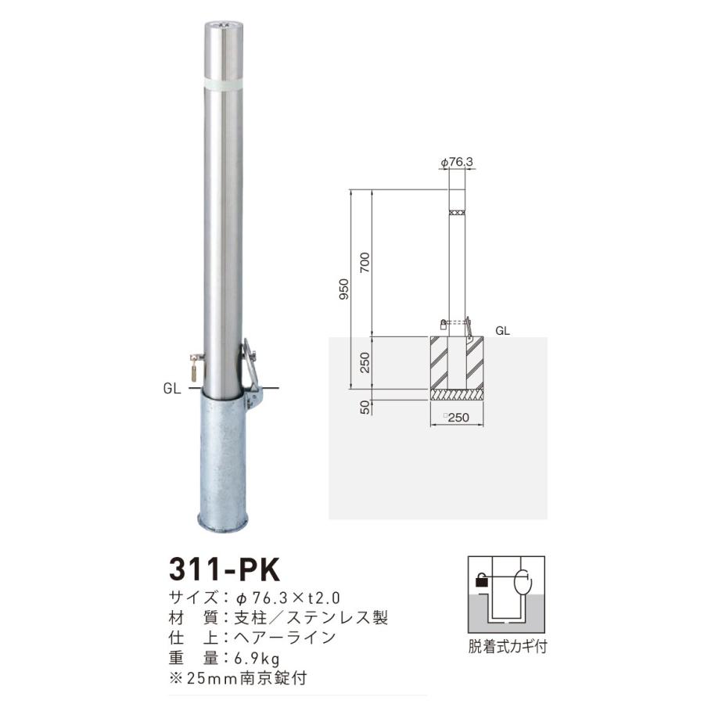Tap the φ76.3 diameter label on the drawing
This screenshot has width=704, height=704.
pos(458,162)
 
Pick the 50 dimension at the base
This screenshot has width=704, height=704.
pos(365,405)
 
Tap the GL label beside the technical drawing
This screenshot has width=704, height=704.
pos(503,331)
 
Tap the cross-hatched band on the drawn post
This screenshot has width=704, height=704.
pos(457,212)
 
